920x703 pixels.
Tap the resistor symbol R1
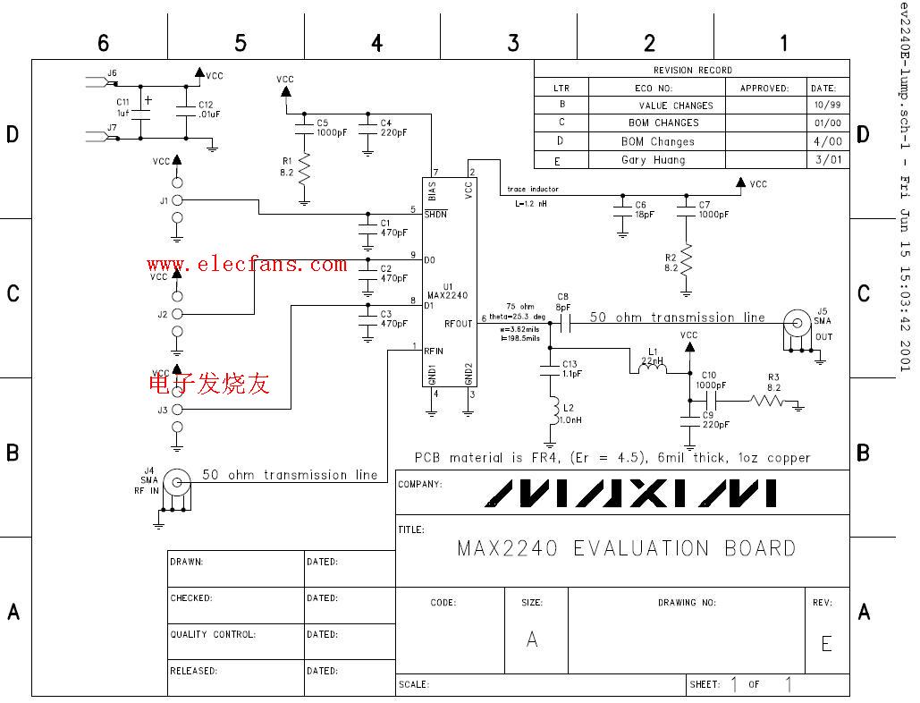(x=304, y=167)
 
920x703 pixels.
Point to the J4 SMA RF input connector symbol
(x=179, y=484)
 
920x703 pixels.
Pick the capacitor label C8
(x=562, y=296)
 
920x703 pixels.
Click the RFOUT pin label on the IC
(x=458, y=324)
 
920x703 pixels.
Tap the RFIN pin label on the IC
(x=435, y=351)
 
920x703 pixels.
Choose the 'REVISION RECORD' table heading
(x=692, y=70)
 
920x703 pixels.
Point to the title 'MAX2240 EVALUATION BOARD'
(x=626, y=547)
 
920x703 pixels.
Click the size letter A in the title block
(x=533, y=639)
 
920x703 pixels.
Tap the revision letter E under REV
(x=826, y=643)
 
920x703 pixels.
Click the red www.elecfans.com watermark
(x=247, y=264)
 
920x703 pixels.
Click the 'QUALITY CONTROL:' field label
(x=213, y=634)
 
